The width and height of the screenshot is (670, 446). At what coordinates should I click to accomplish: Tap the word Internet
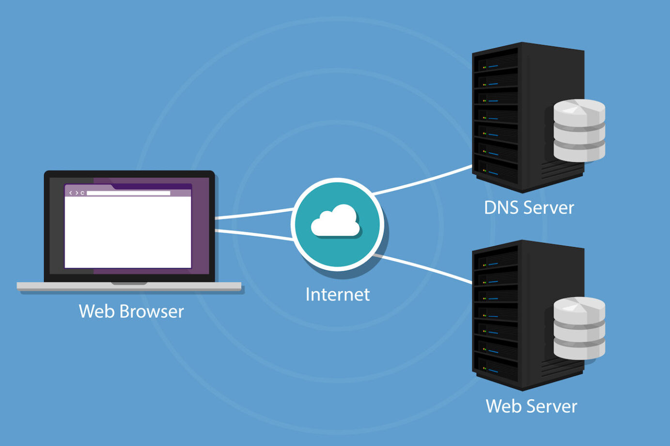(338, 294)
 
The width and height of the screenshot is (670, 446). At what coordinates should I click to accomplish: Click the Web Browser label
(131, 311)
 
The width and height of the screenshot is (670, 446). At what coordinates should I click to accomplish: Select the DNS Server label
(529, 208)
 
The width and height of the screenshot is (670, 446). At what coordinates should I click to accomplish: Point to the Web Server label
(531, 406)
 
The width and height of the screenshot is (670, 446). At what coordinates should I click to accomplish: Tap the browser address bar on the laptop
(128, 193)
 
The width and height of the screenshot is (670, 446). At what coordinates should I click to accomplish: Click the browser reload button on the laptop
(82, 193)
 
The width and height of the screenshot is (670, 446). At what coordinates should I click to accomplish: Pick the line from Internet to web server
(426, 268)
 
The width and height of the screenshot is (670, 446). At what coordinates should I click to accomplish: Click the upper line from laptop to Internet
(254, 214)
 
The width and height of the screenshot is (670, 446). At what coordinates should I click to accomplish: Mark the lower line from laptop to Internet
(254, 235)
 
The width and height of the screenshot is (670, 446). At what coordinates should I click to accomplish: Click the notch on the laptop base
(129, 283)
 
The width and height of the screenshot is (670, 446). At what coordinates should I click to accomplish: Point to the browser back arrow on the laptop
(71, 193)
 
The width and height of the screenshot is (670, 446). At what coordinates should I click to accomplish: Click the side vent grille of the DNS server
(562, 169)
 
